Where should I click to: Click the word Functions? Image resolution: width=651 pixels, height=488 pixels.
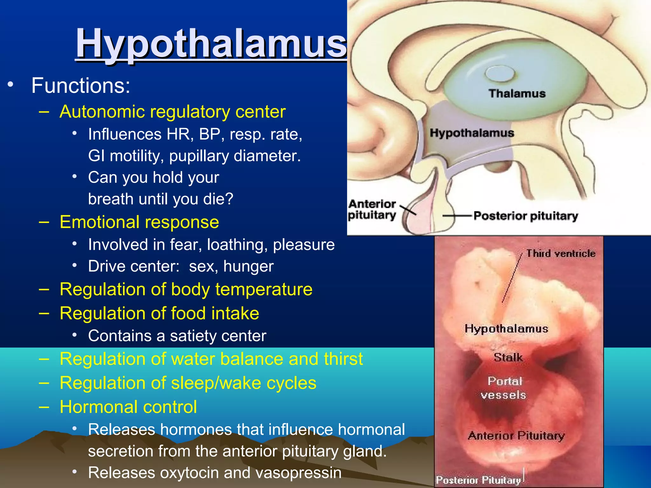pos(81,86)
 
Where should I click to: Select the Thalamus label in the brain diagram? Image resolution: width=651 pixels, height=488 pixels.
pos(517,93)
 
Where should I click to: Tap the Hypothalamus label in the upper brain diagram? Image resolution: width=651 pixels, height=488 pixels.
pos(472,133)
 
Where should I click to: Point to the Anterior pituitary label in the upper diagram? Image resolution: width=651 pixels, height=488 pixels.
pos(372,209)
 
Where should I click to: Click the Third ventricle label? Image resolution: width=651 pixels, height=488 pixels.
pos(561,254)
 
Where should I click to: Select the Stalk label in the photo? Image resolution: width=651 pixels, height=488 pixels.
pos(508,357)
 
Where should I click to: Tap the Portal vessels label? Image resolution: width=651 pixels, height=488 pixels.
pos(504,388)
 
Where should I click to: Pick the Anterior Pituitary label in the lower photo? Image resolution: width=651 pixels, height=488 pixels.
pos(516,436)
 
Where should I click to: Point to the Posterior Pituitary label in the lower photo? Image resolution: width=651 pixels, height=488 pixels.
pos(478,480)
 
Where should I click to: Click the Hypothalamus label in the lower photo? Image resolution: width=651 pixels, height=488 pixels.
pos(506,329)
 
